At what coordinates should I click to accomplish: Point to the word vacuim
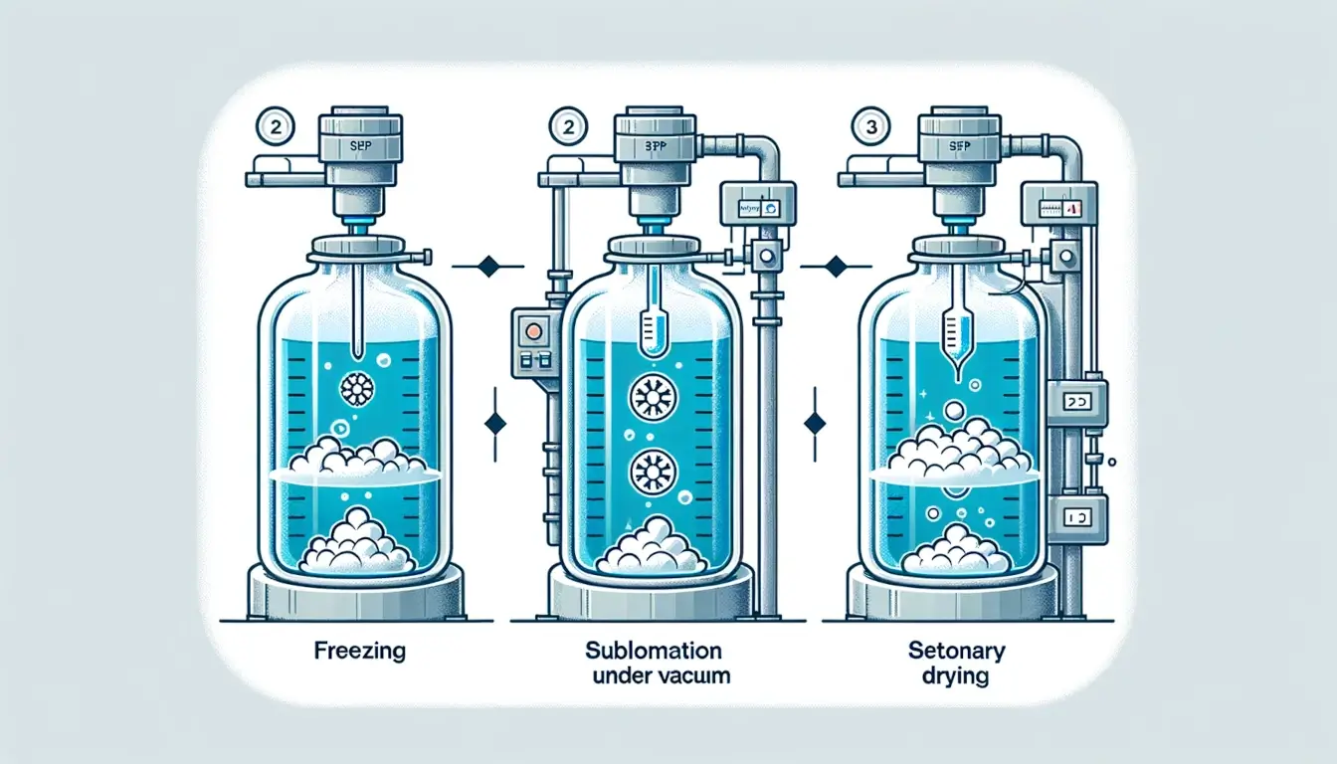point(691,676)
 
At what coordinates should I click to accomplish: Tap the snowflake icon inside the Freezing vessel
point(355,388)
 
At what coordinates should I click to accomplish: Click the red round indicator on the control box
point(528,330)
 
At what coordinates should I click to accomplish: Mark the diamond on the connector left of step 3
point(837,266)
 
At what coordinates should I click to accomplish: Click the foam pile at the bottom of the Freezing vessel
point(357,543)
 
